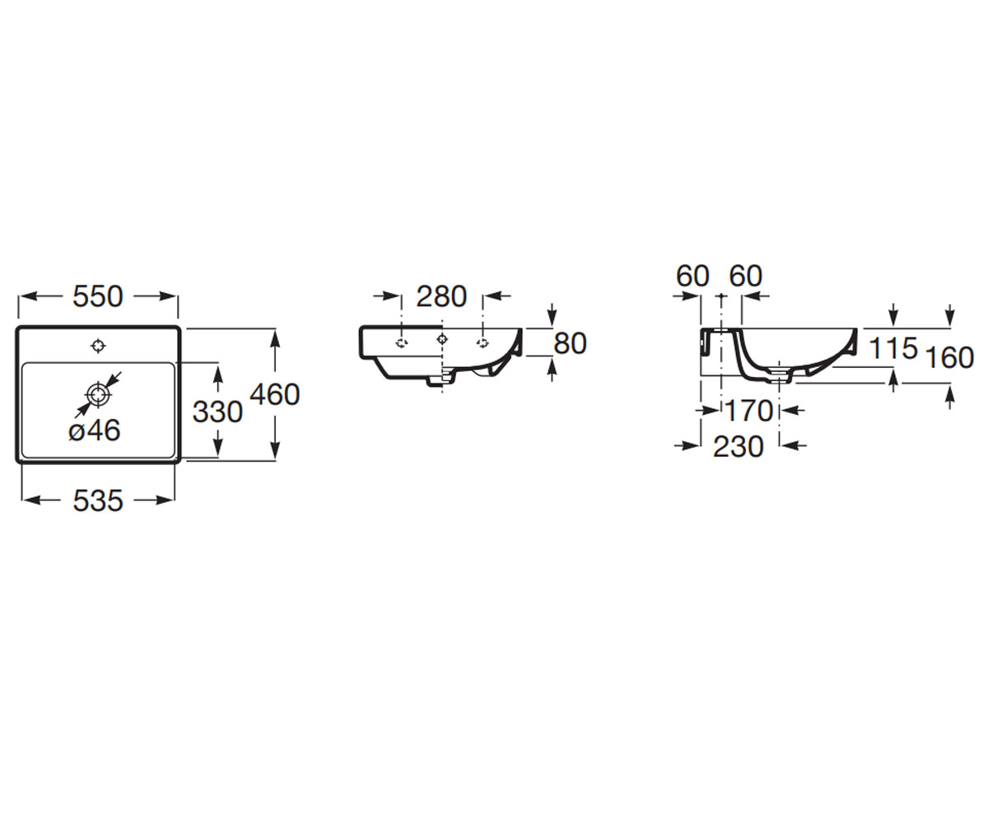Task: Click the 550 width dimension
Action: [98, 296]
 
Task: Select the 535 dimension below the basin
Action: [98, 500]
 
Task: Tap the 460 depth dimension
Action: [275, 394]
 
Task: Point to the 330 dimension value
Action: [217, 411]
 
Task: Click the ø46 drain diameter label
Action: [95, 430]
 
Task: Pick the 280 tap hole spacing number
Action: [441, 296]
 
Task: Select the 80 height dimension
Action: [571, 343]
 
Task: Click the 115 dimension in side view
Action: [893, 348]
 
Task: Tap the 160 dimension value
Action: [949, 357]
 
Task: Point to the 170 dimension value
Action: [749, 411]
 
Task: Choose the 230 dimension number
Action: [739, 446]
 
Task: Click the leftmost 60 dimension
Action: [692, 276]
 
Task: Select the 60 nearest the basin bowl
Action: [746, 276]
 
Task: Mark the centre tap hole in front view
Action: [442, 338]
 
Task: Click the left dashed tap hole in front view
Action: [402, 343]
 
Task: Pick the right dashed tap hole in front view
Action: [482, 343]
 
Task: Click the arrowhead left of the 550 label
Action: [29, 296]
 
